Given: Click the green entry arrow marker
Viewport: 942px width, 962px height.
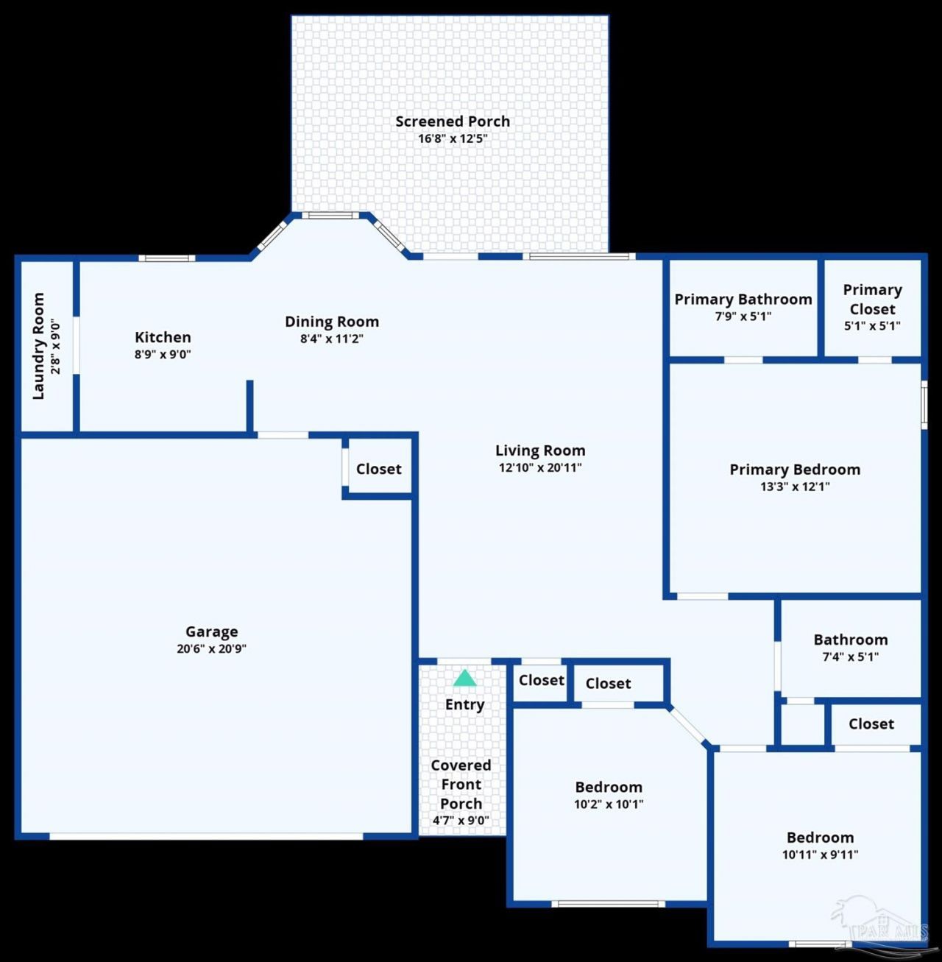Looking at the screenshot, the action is click(x=465, y=677).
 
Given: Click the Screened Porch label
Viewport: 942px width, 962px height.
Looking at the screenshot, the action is click(x=453, y=121).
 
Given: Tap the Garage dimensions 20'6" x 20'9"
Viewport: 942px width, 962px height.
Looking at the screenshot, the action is click(x=212, y=648).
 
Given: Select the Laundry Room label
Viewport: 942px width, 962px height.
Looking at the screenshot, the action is click(x=38, y=346).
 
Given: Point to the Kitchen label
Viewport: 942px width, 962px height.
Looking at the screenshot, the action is click(x=163, y=337).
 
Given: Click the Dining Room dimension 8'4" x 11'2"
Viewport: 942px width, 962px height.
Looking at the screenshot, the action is click(x=331, y=339).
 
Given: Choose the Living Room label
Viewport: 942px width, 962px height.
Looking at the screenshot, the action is click(x=540, y=450).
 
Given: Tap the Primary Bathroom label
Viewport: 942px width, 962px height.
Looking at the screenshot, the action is click(x=743, y=299).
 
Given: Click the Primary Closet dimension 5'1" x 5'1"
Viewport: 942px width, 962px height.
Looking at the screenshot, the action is click(x=872, y=325).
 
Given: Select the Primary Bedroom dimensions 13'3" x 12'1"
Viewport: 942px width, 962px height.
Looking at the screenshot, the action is click(x=795, y=486).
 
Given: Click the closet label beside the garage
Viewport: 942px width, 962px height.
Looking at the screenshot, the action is click(x=378, y=469).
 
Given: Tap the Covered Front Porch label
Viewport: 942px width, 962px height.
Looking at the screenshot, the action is click(x=461, y=785).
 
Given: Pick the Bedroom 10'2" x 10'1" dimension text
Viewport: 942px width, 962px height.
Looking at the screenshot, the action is click(x=609, y=804).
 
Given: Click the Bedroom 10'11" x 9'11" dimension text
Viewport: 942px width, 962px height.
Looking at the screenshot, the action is click(x=820, y=854).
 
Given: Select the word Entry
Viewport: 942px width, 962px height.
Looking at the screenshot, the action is click(x=465, y=704).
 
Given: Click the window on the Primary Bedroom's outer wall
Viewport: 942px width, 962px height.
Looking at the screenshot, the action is click(x=924, y=405).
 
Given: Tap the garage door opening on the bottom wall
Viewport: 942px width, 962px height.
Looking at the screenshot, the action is click(x=206, y=835).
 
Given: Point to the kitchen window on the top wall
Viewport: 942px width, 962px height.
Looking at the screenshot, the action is click(x=167, y=258).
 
